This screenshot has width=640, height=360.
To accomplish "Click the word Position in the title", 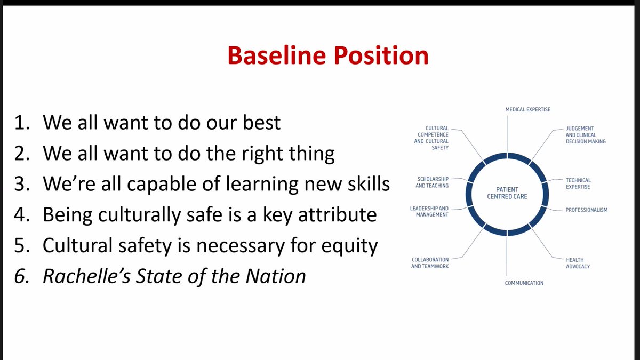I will pyautogui.click(x=381, y=55).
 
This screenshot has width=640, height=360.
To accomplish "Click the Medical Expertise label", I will pyautogui.click(x=527, y=109).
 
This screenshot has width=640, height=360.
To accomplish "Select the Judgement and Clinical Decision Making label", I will pyautogui.click(x=586, y=135).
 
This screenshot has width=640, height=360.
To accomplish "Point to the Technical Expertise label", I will pyautogui.click(x=578, y=183).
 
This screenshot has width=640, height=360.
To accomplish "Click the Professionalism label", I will pyautogui.click(x=586, y=210).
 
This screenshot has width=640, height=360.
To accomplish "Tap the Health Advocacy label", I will pyautogui.click(x=578, y=263).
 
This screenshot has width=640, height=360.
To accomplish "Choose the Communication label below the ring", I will pyautogui.click(x=524, y=283).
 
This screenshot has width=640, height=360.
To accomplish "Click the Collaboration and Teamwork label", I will pyautogui.click(x=430, y=262).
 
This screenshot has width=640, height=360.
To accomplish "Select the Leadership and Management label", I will pyautogui.click(x=429, y=211).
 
